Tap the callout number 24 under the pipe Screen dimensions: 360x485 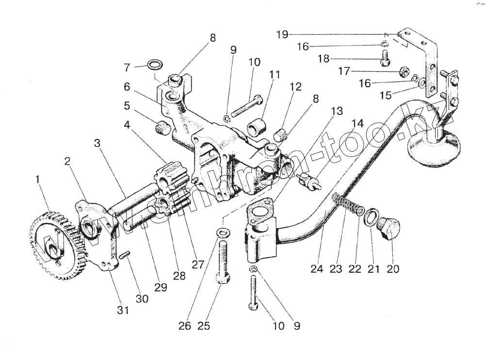point(317,269)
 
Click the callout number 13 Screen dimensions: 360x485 point(336,111)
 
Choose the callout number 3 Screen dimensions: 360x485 point(97,144)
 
